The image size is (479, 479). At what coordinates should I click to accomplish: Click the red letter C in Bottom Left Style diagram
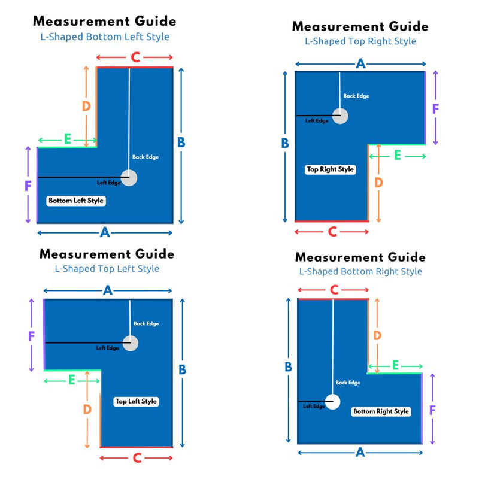[135, 57]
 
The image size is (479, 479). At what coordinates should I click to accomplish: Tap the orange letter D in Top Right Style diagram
[378, 183]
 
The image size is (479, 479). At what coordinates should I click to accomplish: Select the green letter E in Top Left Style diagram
[72, 380]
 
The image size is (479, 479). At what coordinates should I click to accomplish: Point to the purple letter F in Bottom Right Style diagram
[432, 410]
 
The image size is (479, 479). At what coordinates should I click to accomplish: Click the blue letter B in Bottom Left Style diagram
[181, 143]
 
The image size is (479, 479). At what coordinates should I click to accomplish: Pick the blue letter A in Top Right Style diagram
[360, 64]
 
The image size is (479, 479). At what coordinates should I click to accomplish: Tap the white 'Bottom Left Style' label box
[77, 201]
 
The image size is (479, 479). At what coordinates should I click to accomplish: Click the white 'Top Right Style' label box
[331, 169]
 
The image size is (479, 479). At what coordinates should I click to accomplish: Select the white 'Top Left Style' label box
[137, 401]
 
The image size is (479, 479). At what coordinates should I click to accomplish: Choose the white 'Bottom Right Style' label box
[381, 411]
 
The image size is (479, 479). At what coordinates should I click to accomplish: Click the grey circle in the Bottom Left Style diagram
[129, 178]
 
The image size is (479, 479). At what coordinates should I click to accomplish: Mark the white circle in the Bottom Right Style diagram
[332, 401]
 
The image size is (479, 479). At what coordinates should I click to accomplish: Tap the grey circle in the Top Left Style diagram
[130, 343]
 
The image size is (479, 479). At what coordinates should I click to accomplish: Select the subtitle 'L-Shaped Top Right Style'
[360, 41]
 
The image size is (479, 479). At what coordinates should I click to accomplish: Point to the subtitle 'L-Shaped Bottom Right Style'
[360, 271]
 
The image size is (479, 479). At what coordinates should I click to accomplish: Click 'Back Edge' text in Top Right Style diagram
[356, 96]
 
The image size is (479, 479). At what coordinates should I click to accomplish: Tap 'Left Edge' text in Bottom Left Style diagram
[108, 183]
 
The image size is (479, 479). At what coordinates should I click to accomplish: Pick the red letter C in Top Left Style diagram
[137, 458]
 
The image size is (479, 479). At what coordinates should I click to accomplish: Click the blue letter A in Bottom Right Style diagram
[360, 453]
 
